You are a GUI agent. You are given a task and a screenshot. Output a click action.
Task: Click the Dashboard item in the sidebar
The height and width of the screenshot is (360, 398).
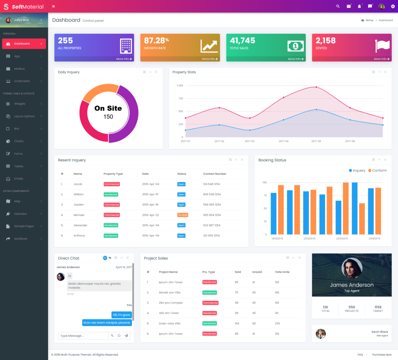coord(24,44)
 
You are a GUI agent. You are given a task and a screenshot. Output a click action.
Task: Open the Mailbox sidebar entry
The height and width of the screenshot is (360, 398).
coord(19,69)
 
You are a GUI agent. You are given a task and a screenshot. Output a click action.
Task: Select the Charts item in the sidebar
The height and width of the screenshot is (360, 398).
coord(19,141)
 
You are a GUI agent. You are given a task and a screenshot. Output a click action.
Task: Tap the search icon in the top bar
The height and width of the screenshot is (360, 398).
coord(338,6)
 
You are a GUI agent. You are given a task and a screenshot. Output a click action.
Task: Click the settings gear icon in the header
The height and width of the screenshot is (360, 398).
coord(393,6)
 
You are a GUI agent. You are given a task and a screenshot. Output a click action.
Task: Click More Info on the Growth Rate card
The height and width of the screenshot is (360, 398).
coord(210,59)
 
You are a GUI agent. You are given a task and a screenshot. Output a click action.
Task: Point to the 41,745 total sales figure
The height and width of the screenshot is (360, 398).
coord(243,40)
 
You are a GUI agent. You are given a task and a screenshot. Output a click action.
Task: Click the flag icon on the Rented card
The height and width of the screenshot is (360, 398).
coord(382,46)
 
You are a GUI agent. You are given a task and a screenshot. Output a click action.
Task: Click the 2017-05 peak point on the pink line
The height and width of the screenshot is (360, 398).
coord(316,87)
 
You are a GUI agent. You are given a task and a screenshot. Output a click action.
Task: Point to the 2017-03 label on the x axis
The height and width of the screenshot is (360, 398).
coord(250,141)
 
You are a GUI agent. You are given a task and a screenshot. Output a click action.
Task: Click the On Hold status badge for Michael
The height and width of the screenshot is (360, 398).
coord(183,215)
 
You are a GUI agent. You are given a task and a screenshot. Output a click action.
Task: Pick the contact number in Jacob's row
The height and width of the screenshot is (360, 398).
coord(211,184)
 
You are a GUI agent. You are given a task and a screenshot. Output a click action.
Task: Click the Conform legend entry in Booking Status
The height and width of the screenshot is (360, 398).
coord(377,170)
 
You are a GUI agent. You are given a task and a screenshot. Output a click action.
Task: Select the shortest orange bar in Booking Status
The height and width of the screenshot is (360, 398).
coord(362,218)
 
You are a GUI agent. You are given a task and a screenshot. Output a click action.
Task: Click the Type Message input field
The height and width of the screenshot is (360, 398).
coord(83,336)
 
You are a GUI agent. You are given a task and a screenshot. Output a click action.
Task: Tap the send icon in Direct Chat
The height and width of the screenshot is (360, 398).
coord(126,336)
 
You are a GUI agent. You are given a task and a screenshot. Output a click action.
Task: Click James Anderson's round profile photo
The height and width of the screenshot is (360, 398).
coord(352,268)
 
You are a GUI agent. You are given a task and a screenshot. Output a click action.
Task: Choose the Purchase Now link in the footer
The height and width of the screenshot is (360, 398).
coord(382,355)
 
